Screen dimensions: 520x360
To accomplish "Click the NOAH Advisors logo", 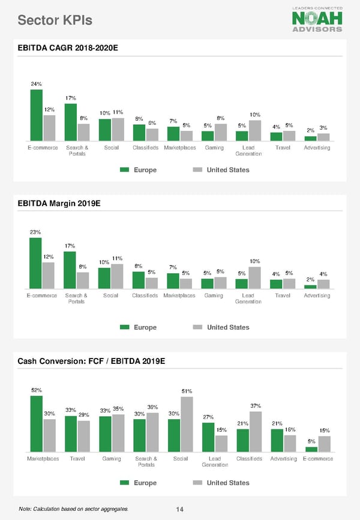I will coord(317,19).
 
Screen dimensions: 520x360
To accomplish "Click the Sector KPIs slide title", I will coord(55,20).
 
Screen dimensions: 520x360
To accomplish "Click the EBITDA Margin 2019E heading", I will coord(59,204).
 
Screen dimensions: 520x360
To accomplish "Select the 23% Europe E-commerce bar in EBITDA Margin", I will coord(35,264).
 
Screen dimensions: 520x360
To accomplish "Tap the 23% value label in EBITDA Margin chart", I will coord(35,232).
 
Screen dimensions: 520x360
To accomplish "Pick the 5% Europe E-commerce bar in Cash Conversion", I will coord(311,449).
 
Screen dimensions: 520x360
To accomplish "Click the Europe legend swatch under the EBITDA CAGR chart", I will coord(125,170).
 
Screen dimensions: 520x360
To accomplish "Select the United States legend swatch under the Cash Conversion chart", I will coord(197,483).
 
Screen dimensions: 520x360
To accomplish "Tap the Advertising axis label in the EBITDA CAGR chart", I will coord(317,148).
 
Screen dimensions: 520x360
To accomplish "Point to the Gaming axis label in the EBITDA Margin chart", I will coord(214,295).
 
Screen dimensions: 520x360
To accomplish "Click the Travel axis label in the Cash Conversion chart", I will coord(77,459).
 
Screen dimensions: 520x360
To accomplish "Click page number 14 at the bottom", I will coord(179,510).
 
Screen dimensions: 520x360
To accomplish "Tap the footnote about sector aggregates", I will coord(73,509).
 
